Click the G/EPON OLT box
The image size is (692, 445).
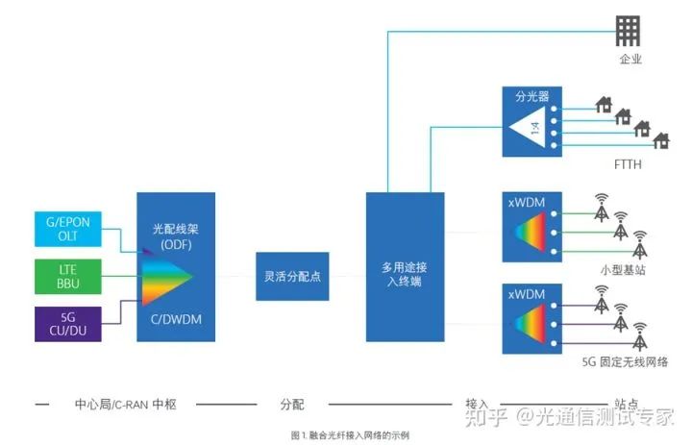click(x=67, y=229)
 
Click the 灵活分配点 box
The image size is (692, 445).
click(x=292, y=275)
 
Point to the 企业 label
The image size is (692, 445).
click(x=630, y=60)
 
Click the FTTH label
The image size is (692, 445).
click(x=627, y=164)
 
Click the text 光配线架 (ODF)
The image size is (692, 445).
click(x=175, y=235)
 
